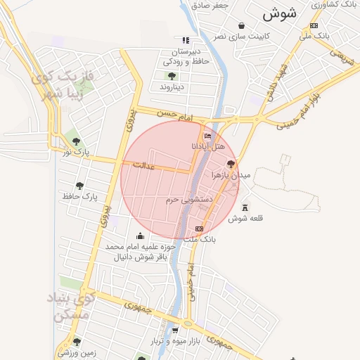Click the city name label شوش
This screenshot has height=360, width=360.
pyautogui.click(x=280, y=13)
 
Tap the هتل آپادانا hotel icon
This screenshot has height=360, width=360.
pyautogui.click(x=207, y=136)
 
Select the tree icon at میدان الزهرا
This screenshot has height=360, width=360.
pyautogui.click(x=231, y=163)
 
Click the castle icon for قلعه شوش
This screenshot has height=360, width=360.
pyautogui.click(x=245, y=207)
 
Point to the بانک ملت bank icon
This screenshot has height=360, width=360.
pyautogui.click(x=199, y=229)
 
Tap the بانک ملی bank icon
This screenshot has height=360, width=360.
pyautogui.click(x=313, y=25)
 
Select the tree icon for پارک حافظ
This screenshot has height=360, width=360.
pyautogui.click(x=81, y=186)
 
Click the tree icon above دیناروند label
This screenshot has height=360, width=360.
pyautogui.click(x=172, y=76)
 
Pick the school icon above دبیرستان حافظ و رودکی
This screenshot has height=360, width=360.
pyautogui.click(x=186, y=41)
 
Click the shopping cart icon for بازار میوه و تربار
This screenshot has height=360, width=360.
pyautogui.click(x=175, y=329)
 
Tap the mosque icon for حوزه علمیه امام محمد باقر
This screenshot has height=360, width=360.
pyautogui.click(x=140, y=236)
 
